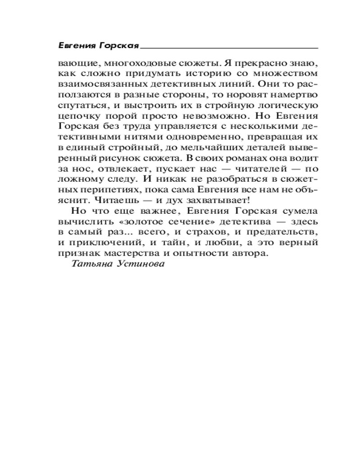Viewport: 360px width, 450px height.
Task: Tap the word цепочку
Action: [x=76, y=118]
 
